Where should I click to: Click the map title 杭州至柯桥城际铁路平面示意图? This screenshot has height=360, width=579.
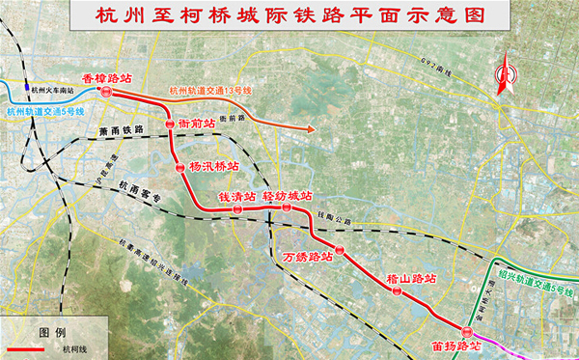(289, 16)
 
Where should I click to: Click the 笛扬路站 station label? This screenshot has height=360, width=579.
(457, 344)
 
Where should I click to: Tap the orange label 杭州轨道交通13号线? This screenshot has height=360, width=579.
(210, 92)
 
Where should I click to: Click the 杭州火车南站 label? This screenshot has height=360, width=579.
(52, 88)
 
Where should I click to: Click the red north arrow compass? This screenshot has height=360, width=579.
(503, 78)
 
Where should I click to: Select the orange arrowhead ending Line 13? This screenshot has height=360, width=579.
(310, 129)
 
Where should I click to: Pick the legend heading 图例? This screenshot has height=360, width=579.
(52, 330)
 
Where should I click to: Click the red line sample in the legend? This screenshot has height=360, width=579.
(29, 350)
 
